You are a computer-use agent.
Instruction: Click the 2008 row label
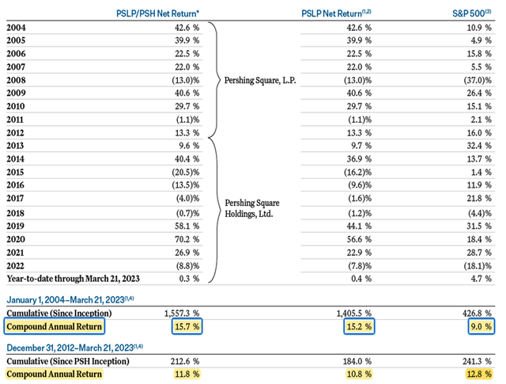17,81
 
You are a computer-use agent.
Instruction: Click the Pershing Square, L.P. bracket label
260,81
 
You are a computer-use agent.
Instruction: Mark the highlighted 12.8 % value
477,374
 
